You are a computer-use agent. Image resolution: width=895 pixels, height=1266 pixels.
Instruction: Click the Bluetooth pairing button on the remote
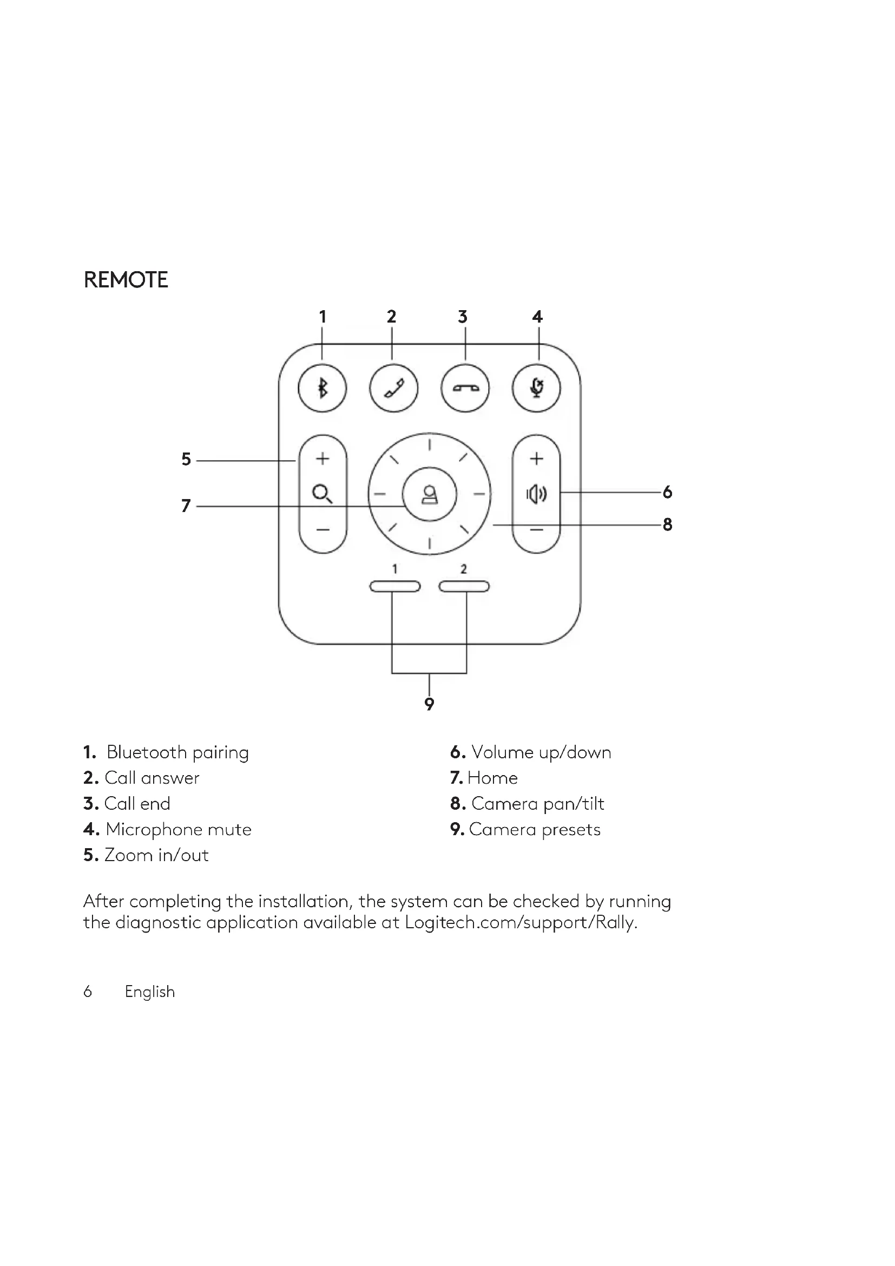(x=323, y=389)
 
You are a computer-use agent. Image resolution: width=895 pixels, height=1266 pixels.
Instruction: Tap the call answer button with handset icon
(x=393, y=389)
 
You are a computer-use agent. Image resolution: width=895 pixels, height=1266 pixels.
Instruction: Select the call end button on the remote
(x=465, y=389)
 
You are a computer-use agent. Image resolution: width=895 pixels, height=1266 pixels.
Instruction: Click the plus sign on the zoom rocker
(x=323, y=458)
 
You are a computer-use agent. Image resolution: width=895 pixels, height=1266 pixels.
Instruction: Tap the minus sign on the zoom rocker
(x=323, y=530)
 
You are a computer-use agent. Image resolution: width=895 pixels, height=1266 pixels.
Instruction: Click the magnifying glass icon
(x=322, y=493)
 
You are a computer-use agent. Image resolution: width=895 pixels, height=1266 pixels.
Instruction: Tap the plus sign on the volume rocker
(x=536, y=458)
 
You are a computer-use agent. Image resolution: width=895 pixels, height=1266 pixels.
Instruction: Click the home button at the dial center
(x=429, y=494)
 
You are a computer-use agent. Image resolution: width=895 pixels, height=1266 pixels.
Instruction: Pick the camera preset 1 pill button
(x=394, y=586)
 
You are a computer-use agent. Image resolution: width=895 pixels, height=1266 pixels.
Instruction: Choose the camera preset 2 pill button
(x=464, y=586)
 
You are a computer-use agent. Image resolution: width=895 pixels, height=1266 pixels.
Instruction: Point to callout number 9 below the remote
(x=429, y=704)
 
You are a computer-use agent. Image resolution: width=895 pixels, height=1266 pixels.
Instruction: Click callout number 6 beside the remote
(x=667, y=492)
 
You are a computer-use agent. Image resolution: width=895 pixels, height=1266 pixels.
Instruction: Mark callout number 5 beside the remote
(x=186, y=460)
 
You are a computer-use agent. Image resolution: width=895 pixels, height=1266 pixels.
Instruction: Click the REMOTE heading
(x=126, y=280)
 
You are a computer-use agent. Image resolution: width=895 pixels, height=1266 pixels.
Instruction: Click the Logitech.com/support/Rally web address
(x=520, y=922)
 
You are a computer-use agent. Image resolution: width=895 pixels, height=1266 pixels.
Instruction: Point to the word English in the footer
(x=150, y=992)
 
